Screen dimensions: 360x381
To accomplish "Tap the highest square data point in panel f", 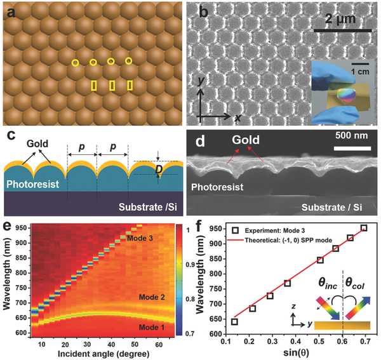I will coord(364,228).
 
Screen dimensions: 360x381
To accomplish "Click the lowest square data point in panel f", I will coord(235,321).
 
